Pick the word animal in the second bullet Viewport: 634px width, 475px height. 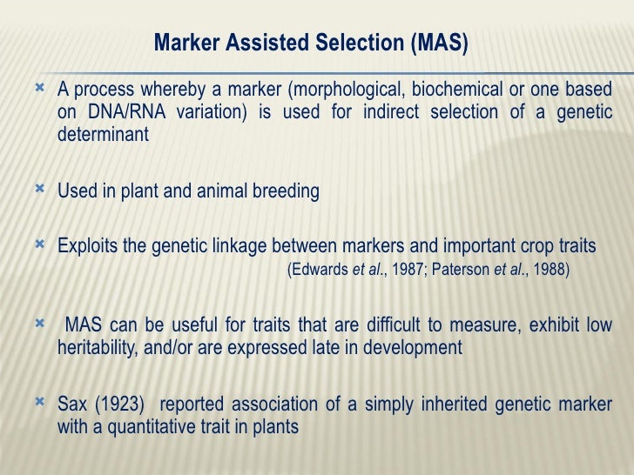(x=208, y=191)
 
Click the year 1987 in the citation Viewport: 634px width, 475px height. (x=406, y=270)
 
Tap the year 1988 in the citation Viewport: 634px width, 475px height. (x=550, y=270)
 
